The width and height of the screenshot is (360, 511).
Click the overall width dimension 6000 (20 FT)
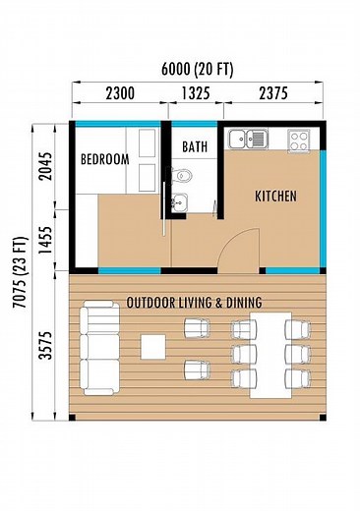(x=196, y=69)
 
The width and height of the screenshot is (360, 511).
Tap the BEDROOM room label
(x=104, y=158)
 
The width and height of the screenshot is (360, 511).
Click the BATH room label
(x=195, y=147)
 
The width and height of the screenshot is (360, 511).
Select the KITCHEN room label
(x=275, y=197)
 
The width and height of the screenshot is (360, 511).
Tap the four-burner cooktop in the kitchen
(x=299, y=139)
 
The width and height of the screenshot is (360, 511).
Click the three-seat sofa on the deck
(x=98, y=347)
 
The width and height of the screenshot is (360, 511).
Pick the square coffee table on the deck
(x=153, y=346)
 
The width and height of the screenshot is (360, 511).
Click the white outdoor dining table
(x=272, y=354)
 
